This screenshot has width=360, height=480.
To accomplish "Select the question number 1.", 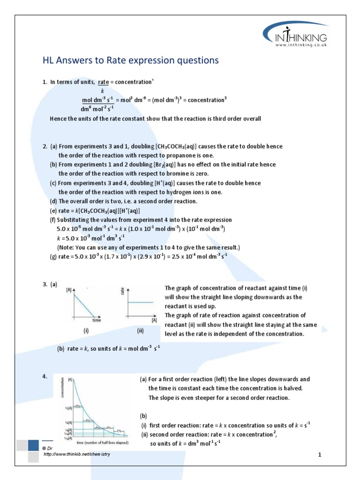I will click(x=44, y=82).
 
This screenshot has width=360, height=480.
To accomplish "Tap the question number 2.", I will click(x=44, y=146).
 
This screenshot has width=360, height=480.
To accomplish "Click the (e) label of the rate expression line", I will click(x=53, y=210).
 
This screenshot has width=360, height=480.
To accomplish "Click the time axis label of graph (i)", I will click(x=97, y=321).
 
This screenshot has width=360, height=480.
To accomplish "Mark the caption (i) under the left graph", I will click(x=86, y=330).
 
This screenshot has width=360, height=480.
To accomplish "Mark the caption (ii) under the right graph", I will click(x=140, y=330).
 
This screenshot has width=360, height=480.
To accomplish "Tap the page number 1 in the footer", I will click(x=319, y=455).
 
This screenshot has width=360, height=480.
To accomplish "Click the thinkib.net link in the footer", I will click(x=77, y=455).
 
